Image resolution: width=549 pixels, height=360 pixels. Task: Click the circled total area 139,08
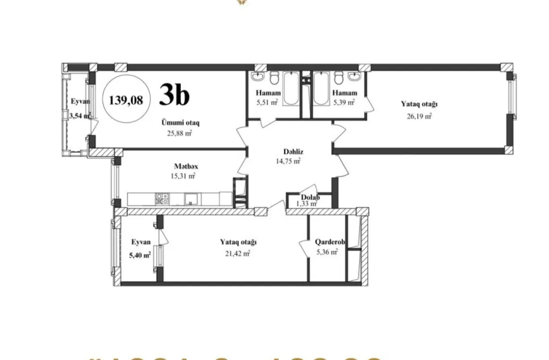(126, 100)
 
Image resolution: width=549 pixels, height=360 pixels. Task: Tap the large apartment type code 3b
(174, 96)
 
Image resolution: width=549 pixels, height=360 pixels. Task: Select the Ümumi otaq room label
(181, 122)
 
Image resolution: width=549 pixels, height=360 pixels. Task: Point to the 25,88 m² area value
(181, 133)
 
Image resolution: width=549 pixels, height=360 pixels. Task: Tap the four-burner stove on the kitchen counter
(162, 199)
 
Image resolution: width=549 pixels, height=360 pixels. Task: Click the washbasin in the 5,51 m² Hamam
(258, 78)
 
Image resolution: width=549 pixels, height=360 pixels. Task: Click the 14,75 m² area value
(288, 162)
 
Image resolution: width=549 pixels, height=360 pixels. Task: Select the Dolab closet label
(310, 197)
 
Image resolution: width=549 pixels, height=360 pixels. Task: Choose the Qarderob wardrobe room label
(330, 242)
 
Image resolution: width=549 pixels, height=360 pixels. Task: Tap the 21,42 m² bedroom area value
(237, 253)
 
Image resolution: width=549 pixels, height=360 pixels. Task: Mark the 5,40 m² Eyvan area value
(140, 255)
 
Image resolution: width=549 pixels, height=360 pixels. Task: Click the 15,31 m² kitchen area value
(183, 176)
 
